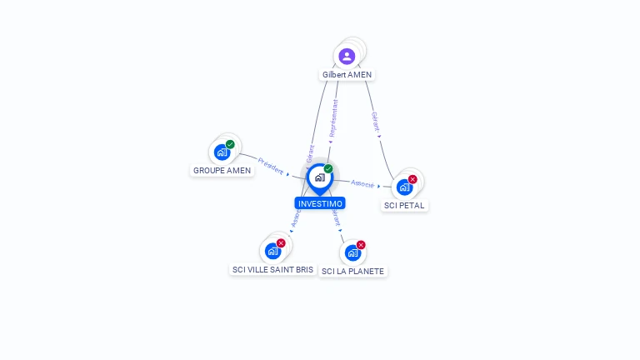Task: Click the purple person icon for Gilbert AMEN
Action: (347, 56)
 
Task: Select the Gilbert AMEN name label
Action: (347, 75)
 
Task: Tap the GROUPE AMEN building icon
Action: (222, 152)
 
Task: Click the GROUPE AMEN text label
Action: (222, 171)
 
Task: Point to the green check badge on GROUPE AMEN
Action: (230, 144)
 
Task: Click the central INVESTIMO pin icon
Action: (319, 177)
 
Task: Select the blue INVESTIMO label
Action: (319, 203)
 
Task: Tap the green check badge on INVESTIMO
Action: (328, 169)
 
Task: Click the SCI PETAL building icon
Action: (404, 187)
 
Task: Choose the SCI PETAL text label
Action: (404, 205)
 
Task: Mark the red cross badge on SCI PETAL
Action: (412, 179)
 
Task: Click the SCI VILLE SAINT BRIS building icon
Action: (272, 251)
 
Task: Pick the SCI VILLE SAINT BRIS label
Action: (272, 270)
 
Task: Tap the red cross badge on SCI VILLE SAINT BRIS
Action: (281, 243)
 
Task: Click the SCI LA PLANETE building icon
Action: (352, 252)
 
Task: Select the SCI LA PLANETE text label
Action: (352, 272)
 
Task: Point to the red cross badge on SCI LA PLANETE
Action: (361, 245)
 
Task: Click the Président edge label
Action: (271, 164)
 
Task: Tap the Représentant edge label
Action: (335, 118)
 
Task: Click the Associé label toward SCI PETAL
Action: (362, 183)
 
